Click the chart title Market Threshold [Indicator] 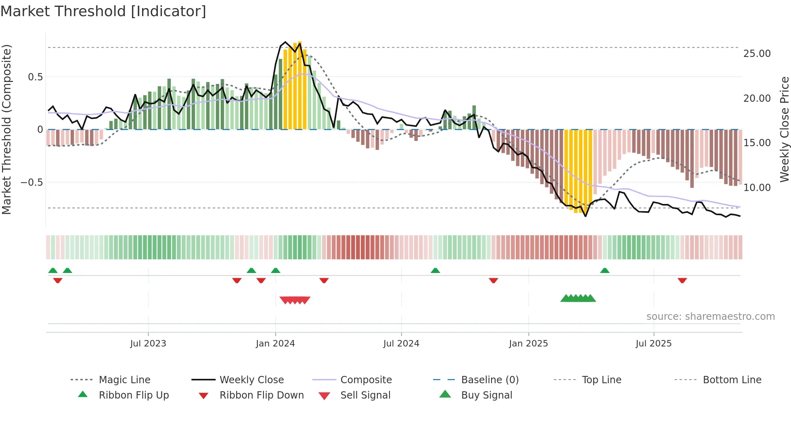[x=103, y=11]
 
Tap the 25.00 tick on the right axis [x=757, y=54]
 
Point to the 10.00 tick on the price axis [x=757, y=188]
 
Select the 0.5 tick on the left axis [x=35, y=77]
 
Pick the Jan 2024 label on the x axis [x=275, y=344]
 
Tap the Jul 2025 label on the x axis [x=653, y=344]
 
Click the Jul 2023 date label [x=148, y=344]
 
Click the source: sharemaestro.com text [x=710, y=317]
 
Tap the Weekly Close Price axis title [x=784, y=129]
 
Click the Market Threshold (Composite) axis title [x=6, y=129]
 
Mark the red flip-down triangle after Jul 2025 [x=682, y=280]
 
